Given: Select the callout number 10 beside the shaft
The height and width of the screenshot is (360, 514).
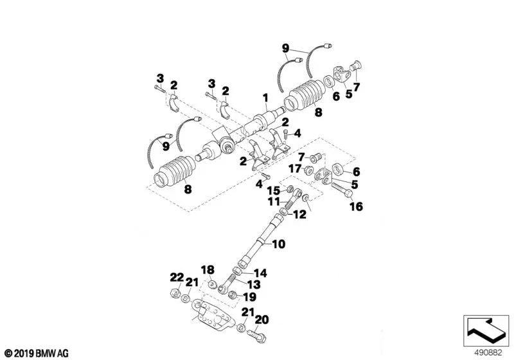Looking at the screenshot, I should click(278, 244).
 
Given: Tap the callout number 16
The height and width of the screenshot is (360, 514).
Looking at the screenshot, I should click(356, 206).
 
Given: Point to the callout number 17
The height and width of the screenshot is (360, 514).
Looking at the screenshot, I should click(294, 169).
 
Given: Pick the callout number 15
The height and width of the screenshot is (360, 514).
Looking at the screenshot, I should click(273, 190).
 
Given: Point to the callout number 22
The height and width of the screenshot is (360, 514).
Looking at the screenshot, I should click(177, 277).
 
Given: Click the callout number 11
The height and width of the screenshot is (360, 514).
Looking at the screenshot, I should click(273, 202).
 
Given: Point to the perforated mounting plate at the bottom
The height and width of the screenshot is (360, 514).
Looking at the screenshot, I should click(209, 317).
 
